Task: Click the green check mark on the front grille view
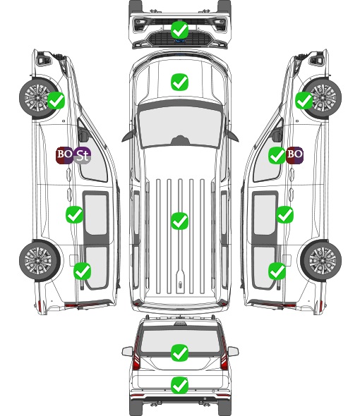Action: click(180, 30)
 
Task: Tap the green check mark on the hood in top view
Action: click(180, 82)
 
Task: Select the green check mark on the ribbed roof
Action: click(180, 221)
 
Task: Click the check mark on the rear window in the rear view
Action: click(180, 353)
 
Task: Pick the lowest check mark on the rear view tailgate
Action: click(180, 385)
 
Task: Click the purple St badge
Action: click(83, 155)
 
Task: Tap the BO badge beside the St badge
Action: click(64, 155)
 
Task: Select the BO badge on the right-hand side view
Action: click(295, 155)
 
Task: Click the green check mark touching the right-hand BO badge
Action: click(277, 155)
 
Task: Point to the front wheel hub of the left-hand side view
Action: click(37, 97)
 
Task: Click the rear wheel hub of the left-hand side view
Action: click(37, 260)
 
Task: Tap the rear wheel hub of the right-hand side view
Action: click(323, 260)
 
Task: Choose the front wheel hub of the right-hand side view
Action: click(323, 97)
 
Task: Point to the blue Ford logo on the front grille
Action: click(180, 41)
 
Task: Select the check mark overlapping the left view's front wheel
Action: click(56, 101)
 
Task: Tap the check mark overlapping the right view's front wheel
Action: click(304, 101)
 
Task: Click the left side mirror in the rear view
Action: click(127, 351)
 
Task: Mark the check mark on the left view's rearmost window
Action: click(83, 271)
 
